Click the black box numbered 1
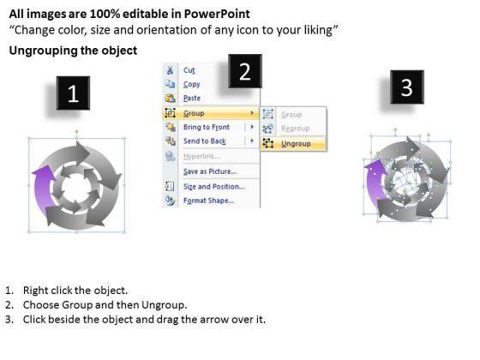pos(73,93)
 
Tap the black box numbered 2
pos(245,71)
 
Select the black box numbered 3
pos(407,87)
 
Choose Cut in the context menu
pos(189,70)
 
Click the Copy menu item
pos(192,84)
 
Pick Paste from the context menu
pos(192,99)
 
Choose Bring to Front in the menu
pos(207,127)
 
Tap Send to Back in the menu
pos(205,141)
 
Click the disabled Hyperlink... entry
pos(201,156)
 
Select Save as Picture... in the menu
pos(210,171)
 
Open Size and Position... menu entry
pos(214,187)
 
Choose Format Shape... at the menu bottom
pos(208,201)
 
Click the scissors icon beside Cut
pos(170,70)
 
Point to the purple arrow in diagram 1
pos(43,191)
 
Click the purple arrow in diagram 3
pos(374,183)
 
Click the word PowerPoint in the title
pos(217,14)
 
